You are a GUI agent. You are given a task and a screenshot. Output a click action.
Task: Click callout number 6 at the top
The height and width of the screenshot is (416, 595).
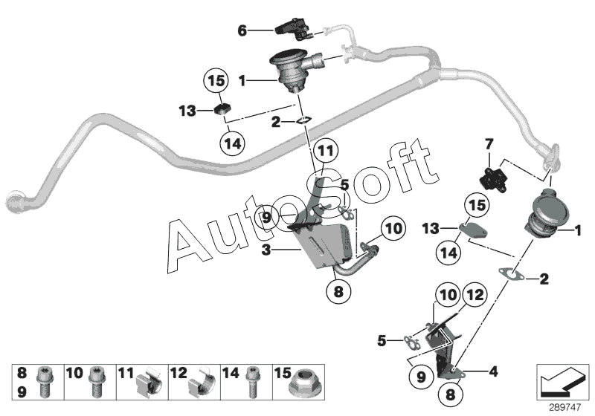coord(242,30)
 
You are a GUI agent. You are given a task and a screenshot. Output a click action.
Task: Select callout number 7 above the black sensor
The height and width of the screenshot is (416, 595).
coord(489,144)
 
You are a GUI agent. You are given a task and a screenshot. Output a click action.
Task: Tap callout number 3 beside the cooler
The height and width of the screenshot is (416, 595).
coord(266,250)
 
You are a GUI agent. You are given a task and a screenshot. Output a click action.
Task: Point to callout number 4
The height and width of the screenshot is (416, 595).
coord(493,371)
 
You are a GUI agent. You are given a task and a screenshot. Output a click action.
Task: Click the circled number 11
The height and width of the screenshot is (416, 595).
coord(326,152)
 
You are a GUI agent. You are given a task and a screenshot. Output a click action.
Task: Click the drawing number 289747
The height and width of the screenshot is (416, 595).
coord(565,408)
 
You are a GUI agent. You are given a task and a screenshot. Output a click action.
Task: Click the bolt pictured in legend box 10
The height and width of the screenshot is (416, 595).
coord(95,382)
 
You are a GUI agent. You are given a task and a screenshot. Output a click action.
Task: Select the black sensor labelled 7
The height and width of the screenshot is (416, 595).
coord(489,178)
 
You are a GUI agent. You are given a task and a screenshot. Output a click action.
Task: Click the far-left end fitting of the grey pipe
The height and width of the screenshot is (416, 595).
coord(13,201)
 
